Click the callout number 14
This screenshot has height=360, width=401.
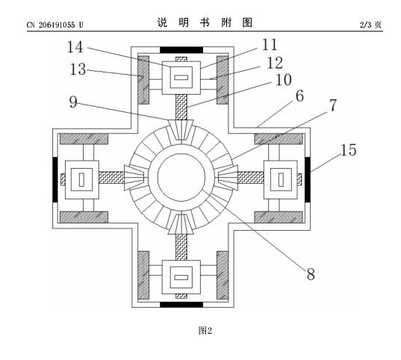click(x=75, y=47)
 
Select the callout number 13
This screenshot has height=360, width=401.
click(x=78, y=69)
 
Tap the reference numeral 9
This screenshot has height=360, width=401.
click(x=73, y=102)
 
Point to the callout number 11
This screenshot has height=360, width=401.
click(x=270, y=45)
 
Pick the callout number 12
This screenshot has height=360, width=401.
click(x=275, y=63)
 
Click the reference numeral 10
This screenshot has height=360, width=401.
click(x=283, y=80)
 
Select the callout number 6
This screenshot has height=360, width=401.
click(x=299, y=96)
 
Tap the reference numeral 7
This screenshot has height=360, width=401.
click(x=333, y=105)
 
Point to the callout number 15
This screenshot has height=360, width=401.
click(x=348, y=150)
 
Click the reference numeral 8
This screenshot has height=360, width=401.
click(x=311, y=274)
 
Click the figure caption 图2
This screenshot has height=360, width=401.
click(x=205, y=331)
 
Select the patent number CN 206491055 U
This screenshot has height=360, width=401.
click(x=55, y=25)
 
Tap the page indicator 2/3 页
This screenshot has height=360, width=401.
click(x=371, y=25)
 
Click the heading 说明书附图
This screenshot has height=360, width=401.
click(x=205, y=22)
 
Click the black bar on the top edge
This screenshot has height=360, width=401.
click(x=181, y=50)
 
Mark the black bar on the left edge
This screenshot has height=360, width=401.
click(x=55, y=179)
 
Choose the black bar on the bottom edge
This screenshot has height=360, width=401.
click(x=181, y=305)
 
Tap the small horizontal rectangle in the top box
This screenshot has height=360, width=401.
click(x=181, y=77)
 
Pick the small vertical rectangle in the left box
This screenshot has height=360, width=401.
click(x=81, y=179)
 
